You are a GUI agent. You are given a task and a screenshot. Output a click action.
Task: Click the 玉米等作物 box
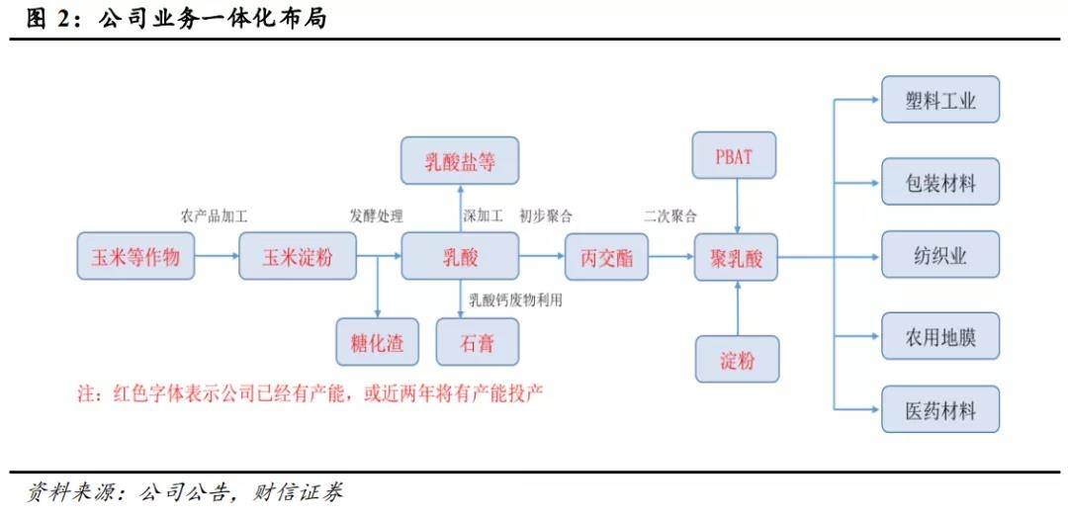135,258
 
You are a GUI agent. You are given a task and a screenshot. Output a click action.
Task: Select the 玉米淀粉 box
297,258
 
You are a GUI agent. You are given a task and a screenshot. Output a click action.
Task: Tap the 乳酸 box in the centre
460,258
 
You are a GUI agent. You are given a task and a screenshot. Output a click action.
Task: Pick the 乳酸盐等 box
460,161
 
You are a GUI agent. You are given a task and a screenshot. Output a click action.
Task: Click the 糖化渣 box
377,343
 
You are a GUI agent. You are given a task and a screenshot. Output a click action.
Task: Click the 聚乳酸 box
737,258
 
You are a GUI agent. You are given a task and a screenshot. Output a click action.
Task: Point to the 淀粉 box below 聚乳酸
737,360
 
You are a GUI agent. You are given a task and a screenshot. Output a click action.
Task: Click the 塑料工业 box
940,100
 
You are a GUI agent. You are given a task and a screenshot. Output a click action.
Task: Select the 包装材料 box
940,182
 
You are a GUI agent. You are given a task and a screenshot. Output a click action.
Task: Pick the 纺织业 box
940,255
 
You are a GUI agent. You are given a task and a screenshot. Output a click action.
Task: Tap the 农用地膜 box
940,337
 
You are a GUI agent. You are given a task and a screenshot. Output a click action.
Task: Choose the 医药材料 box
940,410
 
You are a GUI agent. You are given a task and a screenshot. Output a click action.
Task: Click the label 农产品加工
213,215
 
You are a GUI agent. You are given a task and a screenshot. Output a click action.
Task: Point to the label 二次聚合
669,215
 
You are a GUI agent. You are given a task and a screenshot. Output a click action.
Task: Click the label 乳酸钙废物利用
515,301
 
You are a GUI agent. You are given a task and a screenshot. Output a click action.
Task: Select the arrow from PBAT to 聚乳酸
737,210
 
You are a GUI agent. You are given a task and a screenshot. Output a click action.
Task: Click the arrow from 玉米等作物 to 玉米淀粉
217,258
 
